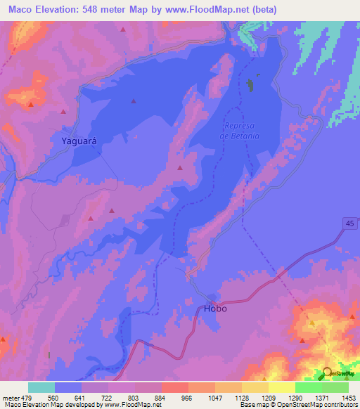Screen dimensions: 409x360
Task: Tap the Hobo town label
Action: point(215,309)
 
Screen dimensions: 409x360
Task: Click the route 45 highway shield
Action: point(350,223)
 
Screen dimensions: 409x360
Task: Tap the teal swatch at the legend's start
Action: point(41,387)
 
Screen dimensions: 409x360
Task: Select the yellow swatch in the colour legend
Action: point(281,387)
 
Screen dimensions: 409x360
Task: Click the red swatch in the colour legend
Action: point(174,387)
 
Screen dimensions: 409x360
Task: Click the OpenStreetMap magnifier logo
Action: point(327,373)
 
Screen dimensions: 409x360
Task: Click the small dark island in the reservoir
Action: point(251,86)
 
